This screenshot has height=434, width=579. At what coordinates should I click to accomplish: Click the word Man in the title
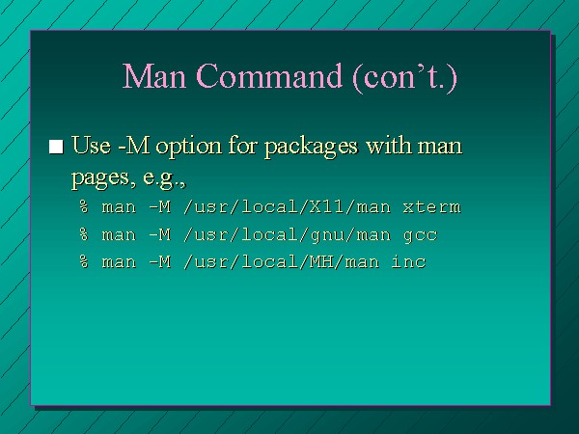(x=154, y=75)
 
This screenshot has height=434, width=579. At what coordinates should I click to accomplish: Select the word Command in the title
(x=270, y=75)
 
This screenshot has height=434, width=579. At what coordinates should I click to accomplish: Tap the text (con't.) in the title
(x=405, y=77)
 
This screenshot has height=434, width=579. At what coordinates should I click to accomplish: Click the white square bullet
(x=56, y=147)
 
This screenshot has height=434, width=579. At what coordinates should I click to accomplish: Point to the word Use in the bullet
(x=91, y=145)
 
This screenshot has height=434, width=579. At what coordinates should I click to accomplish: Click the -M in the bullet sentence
(x=134, y=145)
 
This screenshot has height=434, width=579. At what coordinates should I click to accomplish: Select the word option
(x=189, y=147)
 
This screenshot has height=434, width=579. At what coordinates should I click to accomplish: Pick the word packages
(x=312, y=147)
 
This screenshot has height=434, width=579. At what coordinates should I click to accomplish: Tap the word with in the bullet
(x=389, y=145)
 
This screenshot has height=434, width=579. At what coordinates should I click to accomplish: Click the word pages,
(x=100, y=178)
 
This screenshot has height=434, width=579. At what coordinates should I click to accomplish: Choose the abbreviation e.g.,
(x=164, y=178)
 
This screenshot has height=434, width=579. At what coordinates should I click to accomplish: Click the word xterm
(x=432, y=207)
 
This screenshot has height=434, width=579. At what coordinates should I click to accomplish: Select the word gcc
(x=420, y=235)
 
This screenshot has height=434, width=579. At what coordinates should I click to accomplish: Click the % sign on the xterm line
(x=84, y=206)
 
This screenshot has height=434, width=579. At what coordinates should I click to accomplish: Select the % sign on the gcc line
(x=84, y=234)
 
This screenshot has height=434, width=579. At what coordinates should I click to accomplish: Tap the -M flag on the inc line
(x=160, y=261)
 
